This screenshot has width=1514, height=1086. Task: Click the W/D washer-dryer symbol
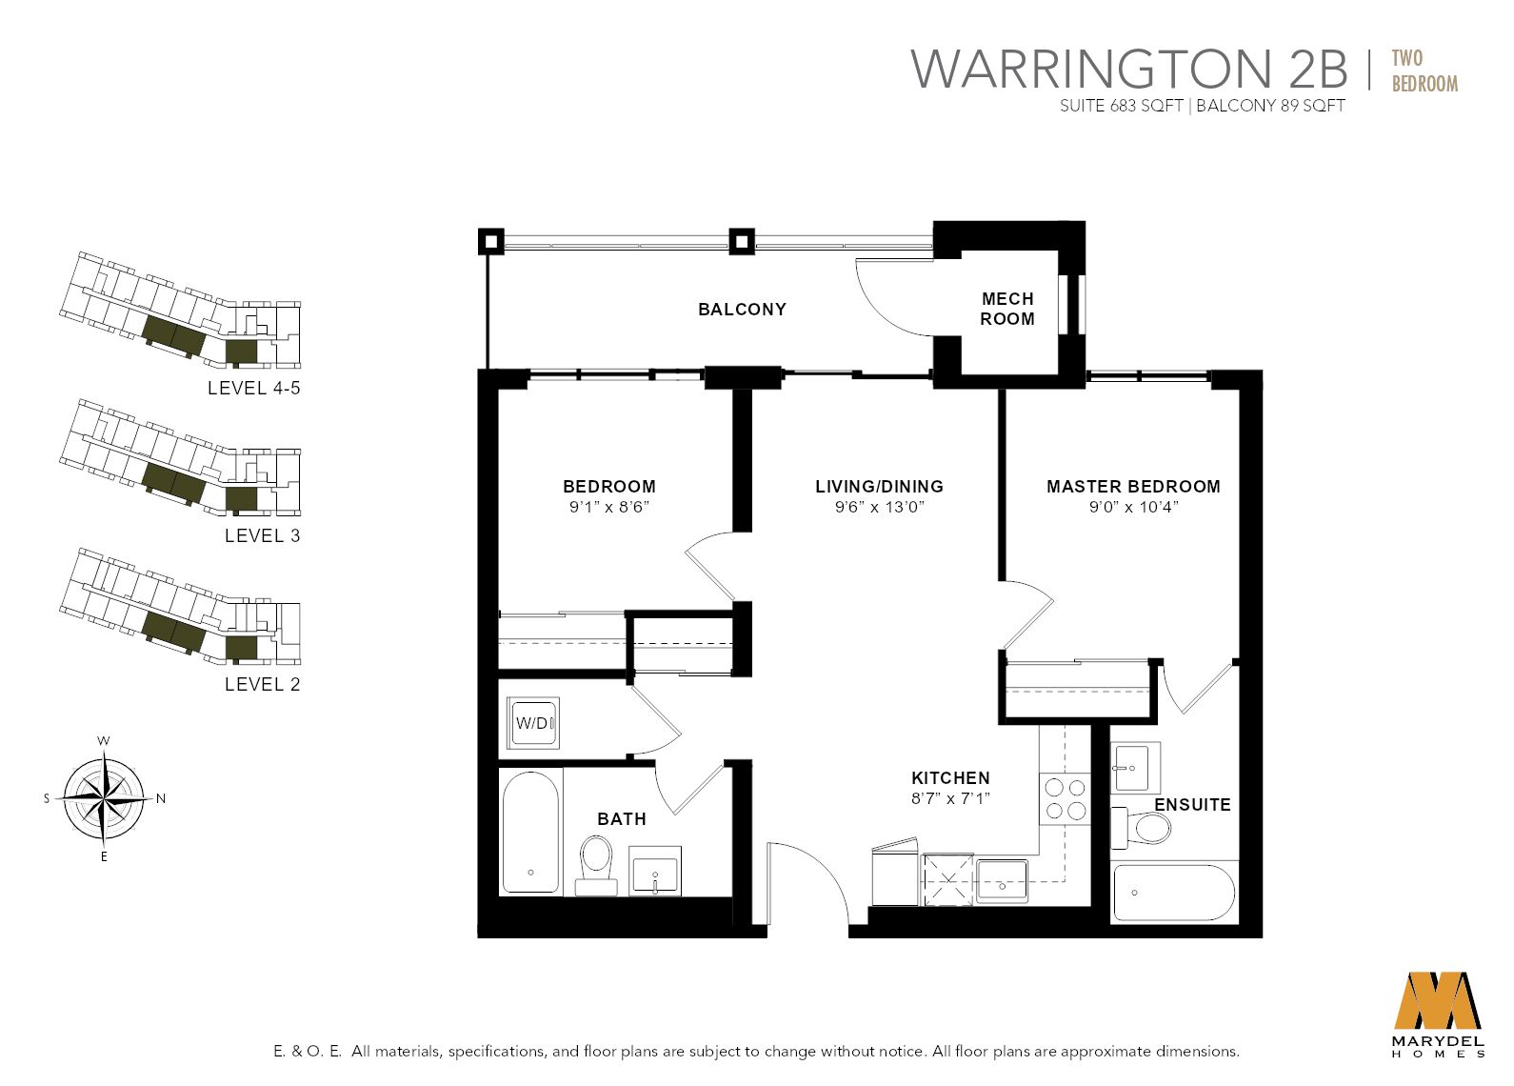click(532, 723)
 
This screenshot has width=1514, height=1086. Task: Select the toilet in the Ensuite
click(1144, 828)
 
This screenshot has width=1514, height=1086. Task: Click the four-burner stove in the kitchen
click(1065, 798)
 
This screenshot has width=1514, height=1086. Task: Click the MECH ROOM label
click(1007, 309)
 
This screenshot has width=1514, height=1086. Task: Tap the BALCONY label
click(742, 309)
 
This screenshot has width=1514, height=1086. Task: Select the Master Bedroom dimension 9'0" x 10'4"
click(1133, 507)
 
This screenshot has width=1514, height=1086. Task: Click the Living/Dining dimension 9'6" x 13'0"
click(879, 507)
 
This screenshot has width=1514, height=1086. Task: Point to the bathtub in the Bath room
click(530, 831)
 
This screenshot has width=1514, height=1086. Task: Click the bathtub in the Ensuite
click(1173, 892)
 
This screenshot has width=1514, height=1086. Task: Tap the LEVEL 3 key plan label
click(262, 535)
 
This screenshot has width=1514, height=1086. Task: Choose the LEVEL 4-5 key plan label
click(253, 388)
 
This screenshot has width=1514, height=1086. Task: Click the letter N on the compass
click(161, 798)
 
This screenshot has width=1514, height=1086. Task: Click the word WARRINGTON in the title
click(1089, 69)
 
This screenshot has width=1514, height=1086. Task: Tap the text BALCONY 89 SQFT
click(1270, 106)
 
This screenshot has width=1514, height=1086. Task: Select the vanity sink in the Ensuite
click(1134, 766)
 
